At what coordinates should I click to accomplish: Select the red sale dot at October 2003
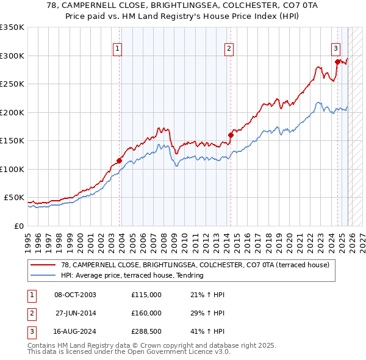tap(119, 161)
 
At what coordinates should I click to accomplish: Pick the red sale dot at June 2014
tap(231, 135)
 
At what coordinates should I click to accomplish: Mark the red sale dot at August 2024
tap(337, 61)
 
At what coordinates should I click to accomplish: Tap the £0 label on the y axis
tap(18, 226)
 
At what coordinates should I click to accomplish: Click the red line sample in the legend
tap(43, 265)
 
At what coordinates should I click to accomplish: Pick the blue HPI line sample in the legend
tap(43, 276)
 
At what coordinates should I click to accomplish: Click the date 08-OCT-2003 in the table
tap(75, 295)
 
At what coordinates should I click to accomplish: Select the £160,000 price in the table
tap(146, 313)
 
